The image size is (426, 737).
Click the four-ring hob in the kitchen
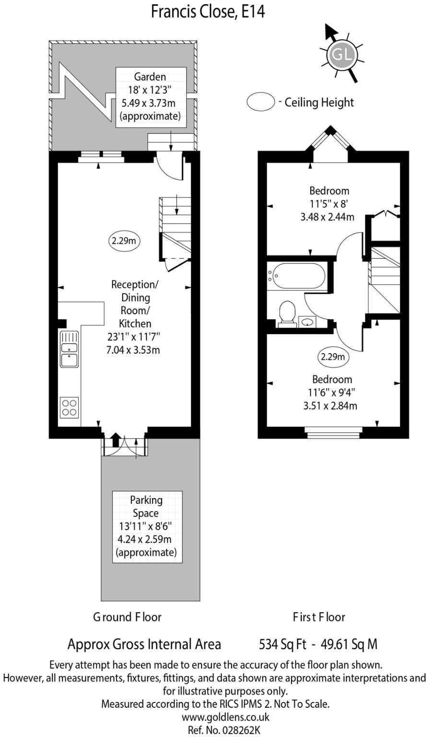[69, 407]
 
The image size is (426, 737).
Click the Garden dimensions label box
[151, 96]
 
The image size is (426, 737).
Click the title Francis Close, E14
[208, 11]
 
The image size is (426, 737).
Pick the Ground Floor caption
[127, 617]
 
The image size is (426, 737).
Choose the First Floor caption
[319, 617]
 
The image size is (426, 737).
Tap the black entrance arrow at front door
[115, 440]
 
